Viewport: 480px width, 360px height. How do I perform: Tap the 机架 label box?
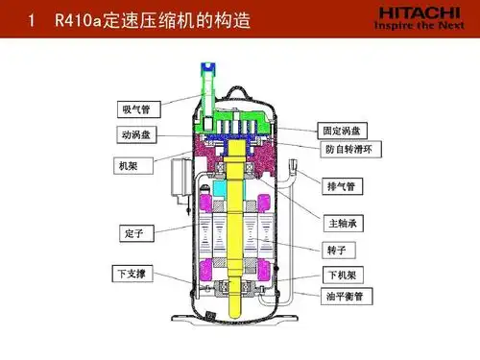coord(129,166)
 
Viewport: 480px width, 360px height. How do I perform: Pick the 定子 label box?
coord(134,232)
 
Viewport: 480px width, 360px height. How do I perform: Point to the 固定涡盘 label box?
coord(343,130)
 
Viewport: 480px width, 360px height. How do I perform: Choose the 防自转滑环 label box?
coord(351,149)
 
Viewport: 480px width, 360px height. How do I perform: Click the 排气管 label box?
coord(342,185)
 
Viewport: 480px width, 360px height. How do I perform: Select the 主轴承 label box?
coord(343,224)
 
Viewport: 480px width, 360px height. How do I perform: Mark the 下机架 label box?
coord(341,275)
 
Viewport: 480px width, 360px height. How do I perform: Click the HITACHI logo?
coord(419,14)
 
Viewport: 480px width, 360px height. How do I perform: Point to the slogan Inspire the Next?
coord(419,29)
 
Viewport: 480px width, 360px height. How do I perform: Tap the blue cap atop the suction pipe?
coord(206,69)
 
